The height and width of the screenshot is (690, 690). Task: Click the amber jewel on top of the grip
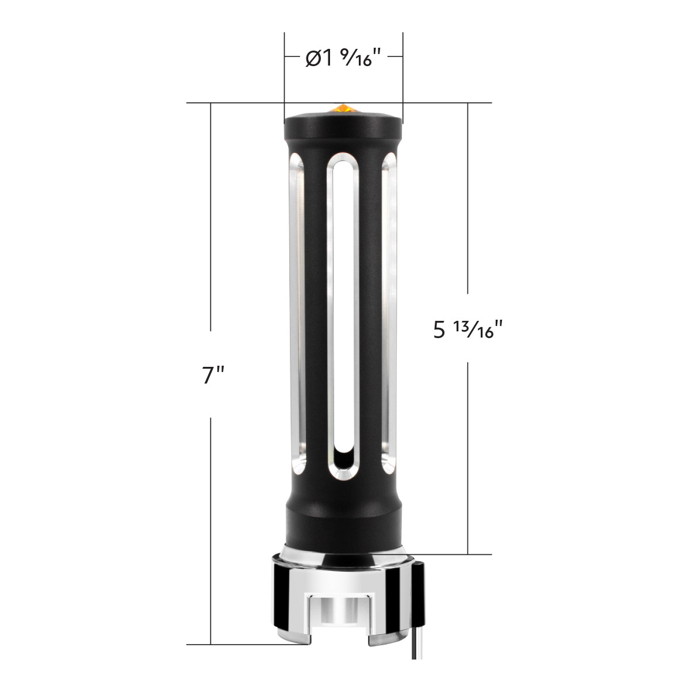point(343,108)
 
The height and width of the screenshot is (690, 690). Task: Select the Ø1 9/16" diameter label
point(343,59)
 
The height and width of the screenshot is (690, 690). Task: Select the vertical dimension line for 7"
point(212,230)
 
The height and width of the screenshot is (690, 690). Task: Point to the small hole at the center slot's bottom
point(343,457)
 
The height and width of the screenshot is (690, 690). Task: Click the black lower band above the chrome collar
point(343,523)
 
